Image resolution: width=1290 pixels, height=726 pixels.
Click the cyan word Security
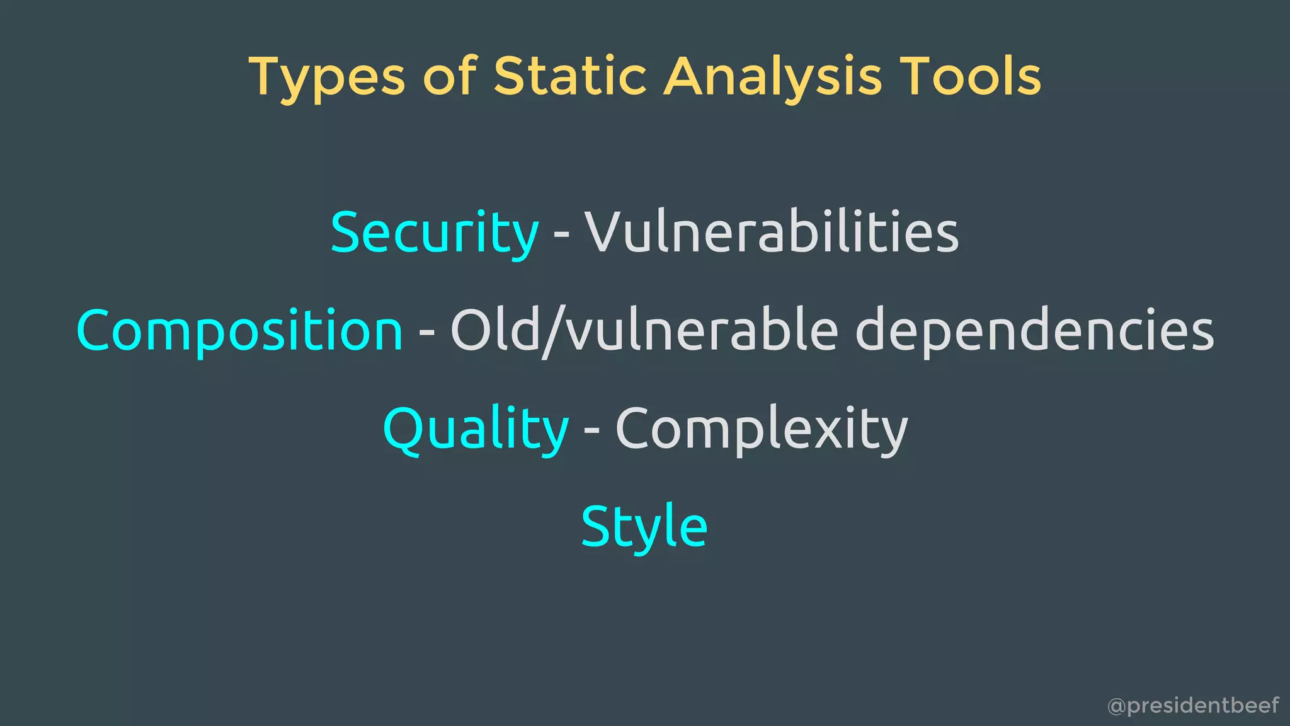435,233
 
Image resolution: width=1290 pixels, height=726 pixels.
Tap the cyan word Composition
239,331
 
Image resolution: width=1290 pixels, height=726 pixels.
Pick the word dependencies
1034,331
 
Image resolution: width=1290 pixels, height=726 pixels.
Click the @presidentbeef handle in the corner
1193,705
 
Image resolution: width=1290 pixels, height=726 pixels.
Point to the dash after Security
561,236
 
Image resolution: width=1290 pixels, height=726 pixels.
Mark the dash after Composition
426,333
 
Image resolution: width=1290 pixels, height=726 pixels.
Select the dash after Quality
591,432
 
